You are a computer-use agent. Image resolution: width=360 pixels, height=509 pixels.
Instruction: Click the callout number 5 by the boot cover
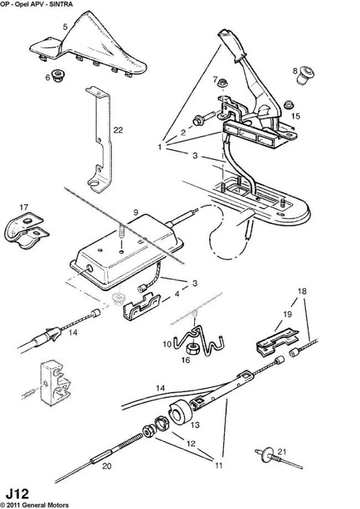65,27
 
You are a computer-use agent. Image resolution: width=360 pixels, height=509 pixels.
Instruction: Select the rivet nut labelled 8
305,75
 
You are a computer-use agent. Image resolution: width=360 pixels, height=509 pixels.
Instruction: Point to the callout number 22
118,130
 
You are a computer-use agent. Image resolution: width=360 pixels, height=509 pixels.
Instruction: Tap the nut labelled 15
288,105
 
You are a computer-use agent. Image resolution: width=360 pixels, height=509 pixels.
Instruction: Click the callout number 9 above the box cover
136,213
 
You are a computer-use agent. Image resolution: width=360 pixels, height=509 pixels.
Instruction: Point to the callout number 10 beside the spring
167,344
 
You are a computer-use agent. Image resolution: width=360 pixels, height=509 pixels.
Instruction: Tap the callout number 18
302,291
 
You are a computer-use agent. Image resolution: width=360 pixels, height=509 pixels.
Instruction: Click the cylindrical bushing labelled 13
179,412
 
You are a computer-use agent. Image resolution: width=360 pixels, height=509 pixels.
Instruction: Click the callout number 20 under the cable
107,466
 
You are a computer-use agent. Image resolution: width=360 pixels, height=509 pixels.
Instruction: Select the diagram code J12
18,493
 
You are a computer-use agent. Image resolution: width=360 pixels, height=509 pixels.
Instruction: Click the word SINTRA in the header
61,4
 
